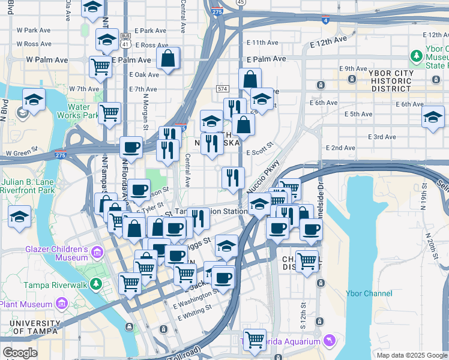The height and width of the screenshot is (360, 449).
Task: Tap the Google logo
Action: point(20,353)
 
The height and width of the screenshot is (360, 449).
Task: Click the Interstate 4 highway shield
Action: point(325,20)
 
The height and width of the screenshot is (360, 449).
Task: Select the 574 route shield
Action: point(223,89)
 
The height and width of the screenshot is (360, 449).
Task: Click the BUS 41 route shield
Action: point(125,40)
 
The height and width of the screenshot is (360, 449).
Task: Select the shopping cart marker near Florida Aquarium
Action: point(255,339)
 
